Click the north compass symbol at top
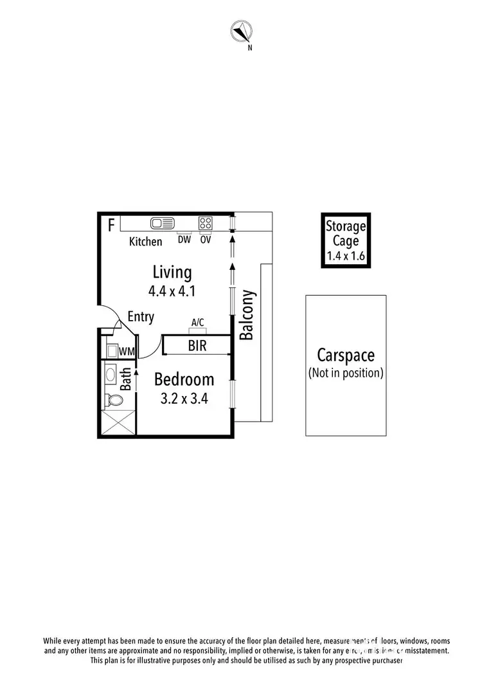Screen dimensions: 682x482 click(x=242, y=30)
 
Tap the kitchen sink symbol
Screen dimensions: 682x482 click(x=163, y=224)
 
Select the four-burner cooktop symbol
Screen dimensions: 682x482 click(x=206, y=224)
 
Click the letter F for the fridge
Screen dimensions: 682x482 click(x=111, y=225)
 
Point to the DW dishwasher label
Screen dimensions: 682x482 click(x=184, y=240)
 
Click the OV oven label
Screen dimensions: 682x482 click(x=206, y=240)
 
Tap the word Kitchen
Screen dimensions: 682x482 click(x=146, y=242)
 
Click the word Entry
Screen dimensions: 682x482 click(x=141, y=317)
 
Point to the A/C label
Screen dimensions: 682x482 click(x=198, y=323)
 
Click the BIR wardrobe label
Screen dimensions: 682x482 click(x=197, y=346)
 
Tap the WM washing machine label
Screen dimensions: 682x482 click(x=127, y=352)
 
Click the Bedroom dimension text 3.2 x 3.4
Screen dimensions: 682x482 click(x=184, y=399)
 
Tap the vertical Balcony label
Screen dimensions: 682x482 click(x=247, y=315)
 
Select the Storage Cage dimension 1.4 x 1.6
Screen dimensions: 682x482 click(x=346, y=255)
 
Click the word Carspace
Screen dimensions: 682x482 click(x=346, y=355)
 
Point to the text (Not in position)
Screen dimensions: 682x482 click(x=346, y=373)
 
